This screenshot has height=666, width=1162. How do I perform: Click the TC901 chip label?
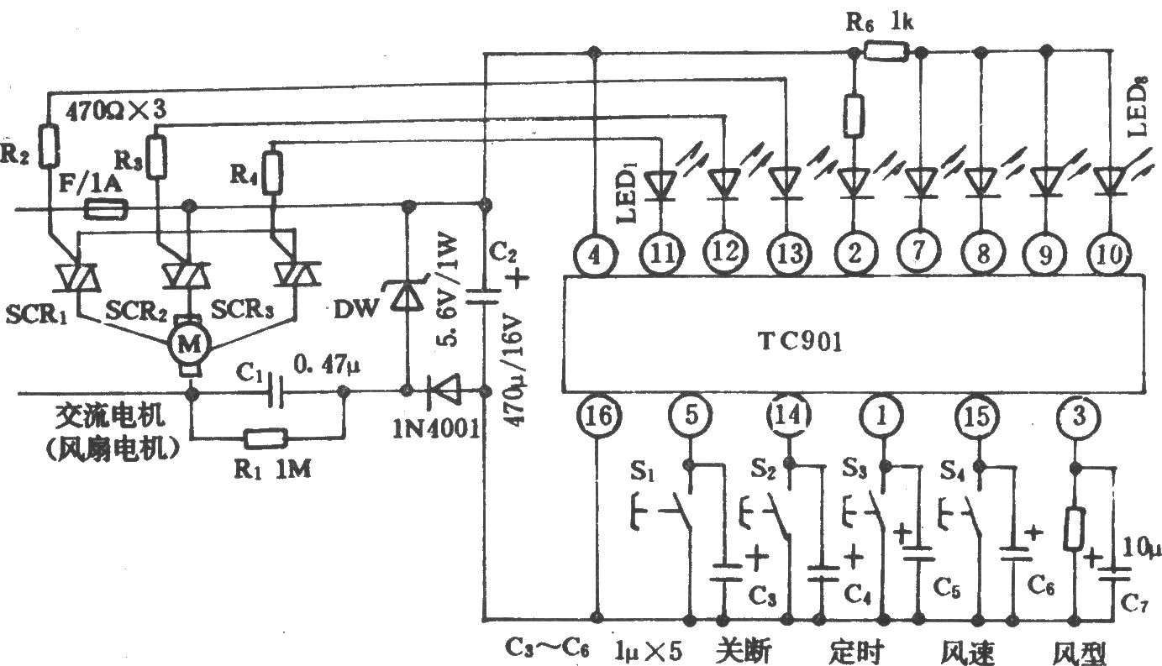pos(801,343)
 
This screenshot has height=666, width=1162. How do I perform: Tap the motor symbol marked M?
pos(188,343)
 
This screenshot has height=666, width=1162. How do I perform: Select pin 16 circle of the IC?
pos(598,417)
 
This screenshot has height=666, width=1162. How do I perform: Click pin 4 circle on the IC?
pos(595,254)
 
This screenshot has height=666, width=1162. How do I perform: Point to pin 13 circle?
pos(788,254)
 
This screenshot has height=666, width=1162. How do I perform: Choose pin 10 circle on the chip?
pos(1109,254)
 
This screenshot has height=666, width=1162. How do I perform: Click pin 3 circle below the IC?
pos(1079,416)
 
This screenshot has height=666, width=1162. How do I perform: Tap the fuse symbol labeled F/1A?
pos(106,210)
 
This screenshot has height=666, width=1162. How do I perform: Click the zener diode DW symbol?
pos(405,296)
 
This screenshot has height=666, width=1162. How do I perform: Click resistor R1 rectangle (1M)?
pos(266,438)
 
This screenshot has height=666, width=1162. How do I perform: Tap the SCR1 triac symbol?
pos(78,277)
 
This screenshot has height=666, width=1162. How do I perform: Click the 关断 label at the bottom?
pos(743,650)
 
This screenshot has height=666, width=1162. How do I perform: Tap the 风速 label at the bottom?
pos(968,652)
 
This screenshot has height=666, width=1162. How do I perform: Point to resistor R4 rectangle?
pos(272,173)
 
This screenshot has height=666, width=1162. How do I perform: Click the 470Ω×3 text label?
pos(116,111)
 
